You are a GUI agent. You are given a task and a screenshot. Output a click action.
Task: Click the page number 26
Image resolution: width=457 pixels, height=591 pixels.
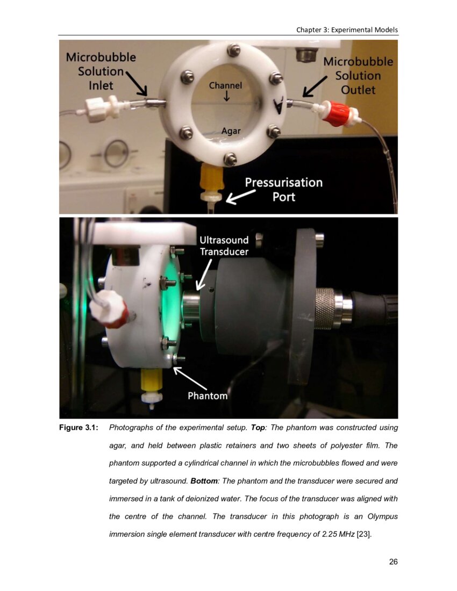pyautogui.click(x=393, y=562)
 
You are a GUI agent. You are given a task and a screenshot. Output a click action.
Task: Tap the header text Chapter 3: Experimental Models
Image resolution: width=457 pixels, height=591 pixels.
pyautogui.click(x=347, y=30)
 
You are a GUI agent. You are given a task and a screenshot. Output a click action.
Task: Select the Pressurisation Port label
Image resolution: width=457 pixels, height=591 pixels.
pyautogui.click(x=284, y=189)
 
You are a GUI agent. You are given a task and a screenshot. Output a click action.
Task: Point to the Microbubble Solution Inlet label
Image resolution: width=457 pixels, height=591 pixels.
pyautogui.click(x=100, y=71)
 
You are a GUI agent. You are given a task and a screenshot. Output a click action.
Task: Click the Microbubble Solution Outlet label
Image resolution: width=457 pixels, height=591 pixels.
pyautogui.click(x=358, y=76)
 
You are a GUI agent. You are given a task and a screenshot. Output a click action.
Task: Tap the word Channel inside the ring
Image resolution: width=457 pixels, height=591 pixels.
pyautogui.click(x=225, y=85)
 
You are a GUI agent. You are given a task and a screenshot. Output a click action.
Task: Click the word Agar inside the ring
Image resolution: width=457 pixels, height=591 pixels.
pyautogui.click(x=231, y=131)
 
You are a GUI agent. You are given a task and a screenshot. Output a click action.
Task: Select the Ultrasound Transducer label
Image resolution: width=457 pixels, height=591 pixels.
pyautogui.click(x=224, y=246)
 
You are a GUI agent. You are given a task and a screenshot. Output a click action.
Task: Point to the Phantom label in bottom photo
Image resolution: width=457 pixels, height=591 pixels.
pyautogui.click(x=208, y=396)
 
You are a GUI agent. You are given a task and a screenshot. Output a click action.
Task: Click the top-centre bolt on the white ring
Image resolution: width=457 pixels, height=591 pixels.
pyautogui.click(x=233, y=51)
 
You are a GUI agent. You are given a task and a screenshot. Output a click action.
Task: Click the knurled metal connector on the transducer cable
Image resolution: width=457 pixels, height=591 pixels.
pyautogui.click(x=325, y=308)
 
